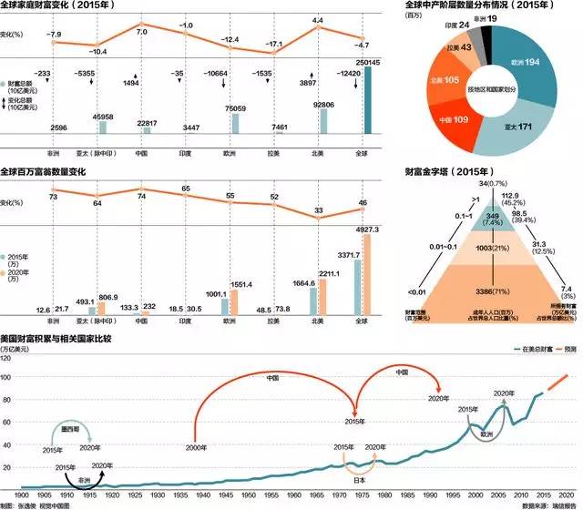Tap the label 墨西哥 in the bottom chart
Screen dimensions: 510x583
tap(62, 422)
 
